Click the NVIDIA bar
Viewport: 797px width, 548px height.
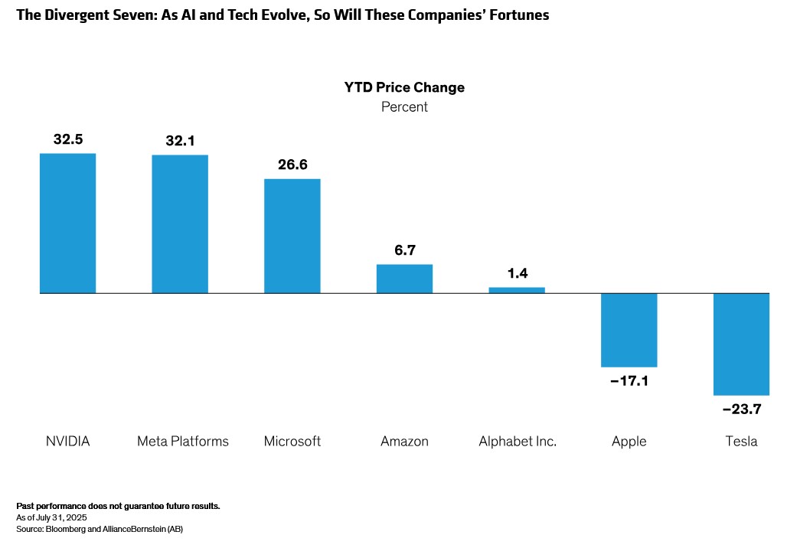(x=67, y=223)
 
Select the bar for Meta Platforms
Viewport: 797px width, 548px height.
(x=180, y=223)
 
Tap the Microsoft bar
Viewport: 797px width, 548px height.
(x=292, y=236)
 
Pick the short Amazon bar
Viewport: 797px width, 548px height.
(x=404, y=279)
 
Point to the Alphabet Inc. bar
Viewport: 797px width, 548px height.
(x=517, y=290)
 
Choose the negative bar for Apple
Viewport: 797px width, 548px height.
(x=629, y=330)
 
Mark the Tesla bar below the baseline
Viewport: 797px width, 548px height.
(x=741, y=344)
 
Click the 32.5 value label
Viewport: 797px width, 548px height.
(x=68, y=139)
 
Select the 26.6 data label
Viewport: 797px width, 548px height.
(x=292, y=165)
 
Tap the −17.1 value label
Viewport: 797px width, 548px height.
(x=629, y=380)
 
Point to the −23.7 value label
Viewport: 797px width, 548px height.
(x=741, y=409)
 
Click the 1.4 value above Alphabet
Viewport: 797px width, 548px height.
(x=517, y=273)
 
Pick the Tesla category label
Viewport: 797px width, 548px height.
(x=741, y=442)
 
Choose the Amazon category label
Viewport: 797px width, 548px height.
(x=404, y=442)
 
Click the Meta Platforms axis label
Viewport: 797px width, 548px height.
(x=183, y=442)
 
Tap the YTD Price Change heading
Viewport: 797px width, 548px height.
(x=404, y=87)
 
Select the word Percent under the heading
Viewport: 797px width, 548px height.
(x=404, y=107)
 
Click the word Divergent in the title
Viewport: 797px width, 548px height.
(x=70, y=15)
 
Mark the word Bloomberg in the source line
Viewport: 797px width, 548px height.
(x=63, y=528)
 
